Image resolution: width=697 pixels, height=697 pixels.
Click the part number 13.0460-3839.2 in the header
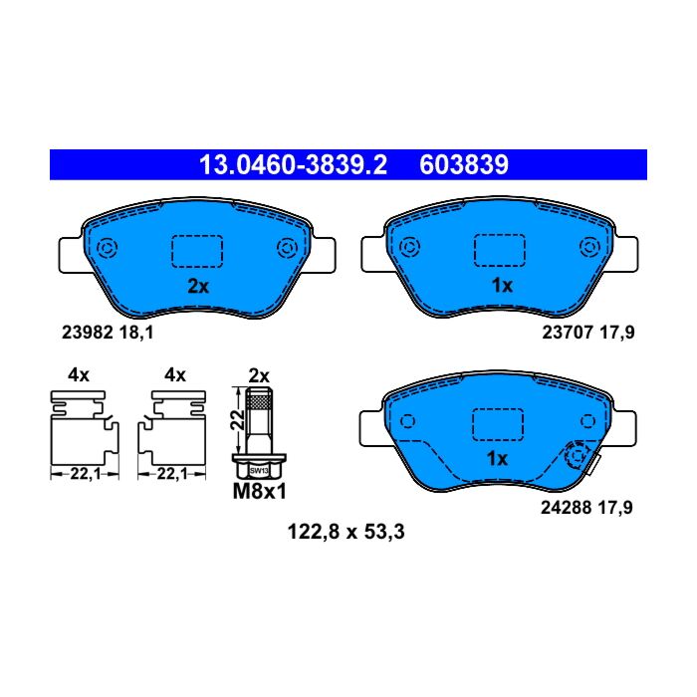click(294, 165)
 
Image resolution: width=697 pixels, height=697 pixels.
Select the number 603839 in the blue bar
click(464, 165)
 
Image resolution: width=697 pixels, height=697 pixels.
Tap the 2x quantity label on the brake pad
click(198, 287)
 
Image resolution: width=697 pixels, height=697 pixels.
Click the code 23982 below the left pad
click(88, 333)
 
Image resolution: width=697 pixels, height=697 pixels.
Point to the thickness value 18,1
click(136, 333)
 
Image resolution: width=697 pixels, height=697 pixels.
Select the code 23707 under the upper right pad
click(568, 333)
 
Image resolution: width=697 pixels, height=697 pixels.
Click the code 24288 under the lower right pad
click(566, 508)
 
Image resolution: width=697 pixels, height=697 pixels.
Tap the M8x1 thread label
click(260, 492)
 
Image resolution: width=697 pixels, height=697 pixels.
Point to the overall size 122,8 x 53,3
click(346, 532)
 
